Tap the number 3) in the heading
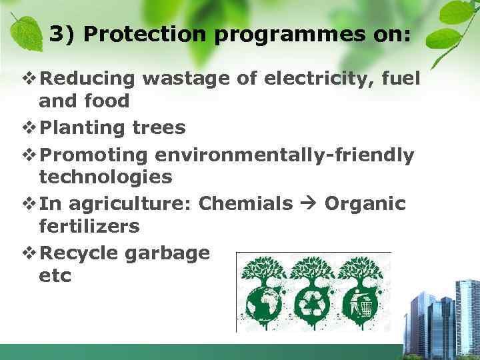[62, 35]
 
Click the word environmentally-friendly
[285, 155]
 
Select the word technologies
[105, 177]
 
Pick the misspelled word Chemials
[246, 203]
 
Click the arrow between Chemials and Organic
[309, 203]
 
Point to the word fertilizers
[89, 226]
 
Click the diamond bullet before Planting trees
[31, 127]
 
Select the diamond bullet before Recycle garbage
[31, 253]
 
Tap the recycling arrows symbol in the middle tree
[312, 303]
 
